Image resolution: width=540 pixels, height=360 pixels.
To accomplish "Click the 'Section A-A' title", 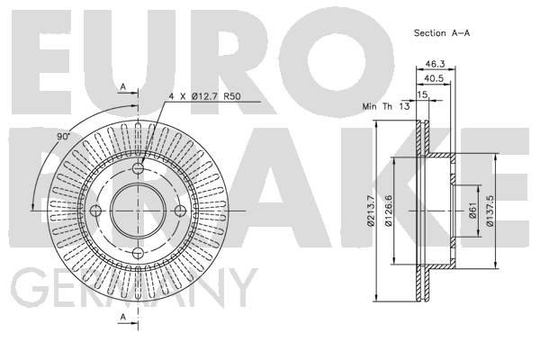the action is [442, 33].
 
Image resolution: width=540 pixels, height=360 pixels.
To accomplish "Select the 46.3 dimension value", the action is [435, 64].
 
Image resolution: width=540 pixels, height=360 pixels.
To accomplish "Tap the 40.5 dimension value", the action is [434, 78].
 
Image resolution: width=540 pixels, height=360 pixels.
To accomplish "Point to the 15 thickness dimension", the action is [423, 94].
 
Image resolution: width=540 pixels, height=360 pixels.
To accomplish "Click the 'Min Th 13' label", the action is [386, 106].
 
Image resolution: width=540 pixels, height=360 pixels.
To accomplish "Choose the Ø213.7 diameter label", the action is [371, 211].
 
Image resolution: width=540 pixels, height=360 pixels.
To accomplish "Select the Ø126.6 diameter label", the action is [389, 210].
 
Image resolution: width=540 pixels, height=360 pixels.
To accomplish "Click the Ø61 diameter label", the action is [472, 210].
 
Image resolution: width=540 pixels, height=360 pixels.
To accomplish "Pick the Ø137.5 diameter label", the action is [490, 211].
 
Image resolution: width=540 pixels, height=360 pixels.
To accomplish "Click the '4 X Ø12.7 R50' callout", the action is [204, 96].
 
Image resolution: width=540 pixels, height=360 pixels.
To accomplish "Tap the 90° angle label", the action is [63, 137].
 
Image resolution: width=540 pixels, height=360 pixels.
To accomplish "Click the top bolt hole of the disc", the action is [138, 168].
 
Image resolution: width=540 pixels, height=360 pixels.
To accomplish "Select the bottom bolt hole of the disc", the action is [138, 253].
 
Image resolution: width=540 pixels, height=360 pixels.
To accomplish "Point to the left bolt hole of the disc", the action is [95, 211].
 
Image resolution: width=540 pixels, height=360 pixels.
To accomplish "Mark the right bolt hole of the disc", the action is [181, 211].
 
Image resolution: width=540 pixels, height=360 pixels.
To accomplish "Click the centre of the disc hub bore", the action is [138, 211].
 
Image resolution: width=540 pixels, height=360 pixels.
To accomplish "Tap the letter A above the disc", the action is [123, 86].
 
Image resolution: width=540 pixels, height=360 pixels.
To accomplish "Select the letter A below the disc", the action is [123, 316].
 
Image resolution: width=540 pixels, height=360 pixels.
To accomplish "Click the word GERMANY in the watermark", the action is [133, 288].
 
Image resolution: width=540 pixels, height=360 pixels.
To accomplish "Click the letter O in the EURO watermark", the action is [336, 61].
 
